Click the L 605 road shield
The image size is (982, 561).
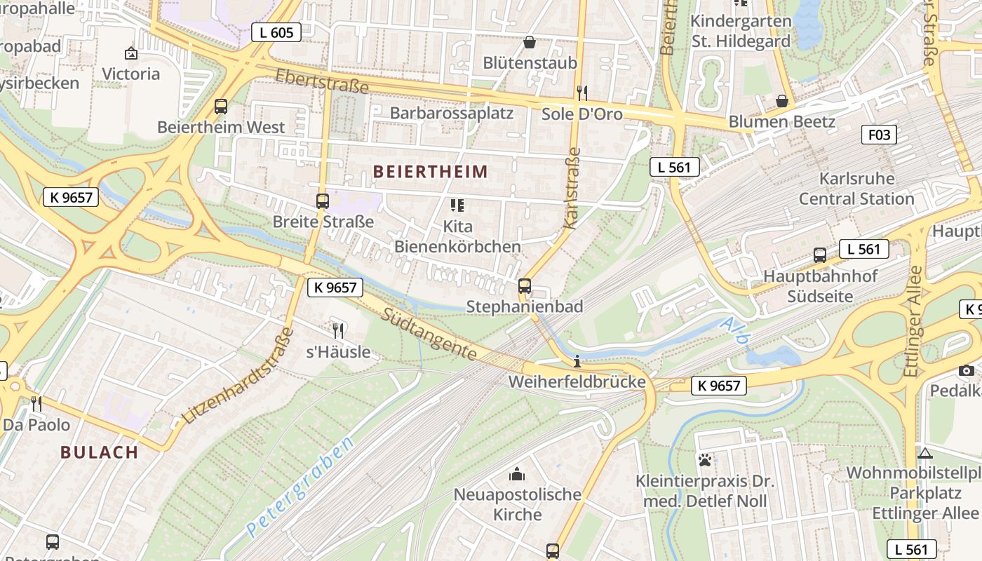click(276, 32)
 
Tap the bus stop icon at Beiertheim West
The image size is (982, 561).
click(221, 107)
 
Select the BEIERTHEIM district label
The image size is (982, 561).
click(430, 172)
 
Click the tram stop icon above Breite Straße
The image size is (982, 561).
click(322, 201)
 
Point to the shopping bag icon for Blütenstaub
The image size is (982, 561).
click(530, 42)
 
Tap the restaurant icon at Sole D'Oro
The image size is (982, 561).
click(581, 92)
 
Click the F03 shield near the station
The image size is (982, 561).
click(878, 135)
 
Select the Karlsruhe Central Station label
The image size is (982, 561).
click(856, 189)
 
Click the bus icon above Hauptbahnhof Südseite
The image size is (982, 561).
click(819, 255)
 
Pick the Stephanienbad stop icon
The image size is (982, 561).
click(524, 286)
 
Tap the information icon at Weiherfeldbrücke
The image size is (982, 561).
click(577, 362)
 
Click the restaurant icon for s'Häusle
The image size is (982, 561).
click(338, 330)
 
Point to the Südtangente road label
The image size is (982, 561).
click(429, 334)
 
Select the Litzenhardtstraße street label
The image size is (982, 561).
click(236, 376)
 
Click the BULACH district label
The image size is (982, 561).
click(100, 452)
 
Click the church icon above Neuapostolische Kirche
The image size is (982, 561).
click(517, 475)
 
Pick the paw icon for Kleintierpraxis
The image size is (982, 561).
click(705, 460)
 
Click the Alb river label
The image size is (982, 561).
click(736, 332)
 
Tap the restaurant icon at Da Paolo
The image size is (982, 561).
click(36, 403)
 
